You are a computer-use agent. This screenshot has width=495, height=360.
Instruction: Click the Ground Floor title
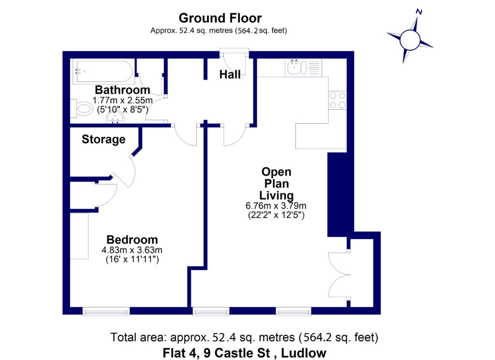(220, 18)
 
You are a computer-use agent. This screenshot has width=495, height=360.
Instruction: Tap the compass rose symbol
(410, 39)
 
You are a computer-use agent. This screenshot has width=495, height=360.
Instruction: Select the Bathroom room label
(122, 90)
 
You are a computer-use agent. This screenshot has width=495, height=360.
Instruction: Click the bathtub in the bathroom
(103, 72)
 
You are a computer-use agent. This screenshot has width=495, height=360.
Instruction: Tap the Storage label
(103, 140)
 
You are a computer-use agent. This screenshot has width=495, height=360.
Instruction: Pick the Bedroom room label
(132, 240)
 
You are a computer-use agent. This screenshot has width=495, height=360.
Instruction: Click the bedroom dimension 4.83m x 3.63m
(131, 250)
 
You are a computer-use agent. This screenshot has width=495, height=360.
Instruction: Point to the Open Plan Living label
(276, 184)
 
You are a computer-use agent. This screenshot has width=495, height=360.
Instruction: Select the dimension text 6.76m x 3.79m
(276, 206)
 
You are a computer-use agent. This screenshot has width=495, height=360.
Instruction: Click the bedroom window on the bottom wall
(106, 311)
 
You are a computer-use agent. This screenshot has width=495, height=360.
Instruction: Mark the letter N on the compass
(419, 12)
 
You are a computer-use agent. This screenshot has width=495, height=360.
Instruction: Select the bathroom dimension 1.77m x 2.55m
(122, 100)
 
